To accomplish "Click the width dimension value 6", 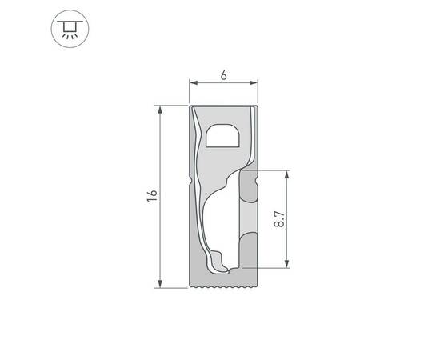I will [223, 74].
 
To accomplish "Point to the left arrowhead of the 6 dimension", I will [192, 82].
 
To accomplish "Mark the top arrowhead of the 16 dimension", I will [162, 108].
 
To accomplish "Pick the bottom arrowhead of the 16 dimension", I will [162, 283].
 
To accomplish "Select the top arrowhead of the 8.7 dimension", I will [287, 173].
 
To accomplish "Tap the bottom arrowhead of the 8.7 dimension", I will [287, 264].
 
